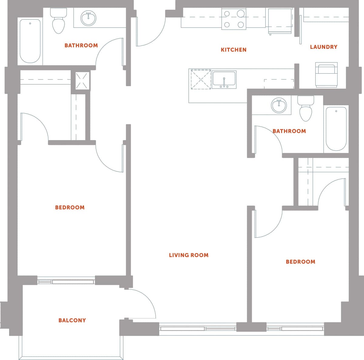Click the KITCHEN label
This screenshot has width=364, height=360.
coord(233,50)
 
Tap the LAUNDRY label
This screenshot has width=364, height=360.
coord(323,47)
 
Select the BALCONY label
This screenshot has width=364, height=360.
coord(72,320)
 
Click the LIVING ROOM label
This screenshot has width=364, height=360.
coord(188,255)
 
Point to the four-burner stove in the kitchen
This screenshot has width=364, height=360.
coord(234,19)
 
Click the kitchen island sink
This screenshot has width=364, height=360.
coord(224,79)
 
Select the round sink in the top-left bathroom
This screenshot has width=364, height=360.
coord(88,18)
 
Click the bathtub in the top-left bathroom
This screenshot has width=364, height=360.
coord(30,41)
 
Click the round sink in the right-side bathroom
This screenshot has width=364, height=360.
coord(279,106)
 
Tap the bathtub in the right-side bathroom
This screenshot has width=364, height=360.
coord(336,129)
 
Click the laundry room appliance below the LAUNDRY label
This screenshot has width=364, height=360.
coord(326,75)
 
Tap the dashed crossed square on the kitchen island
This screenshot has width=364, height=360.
coord(201,79)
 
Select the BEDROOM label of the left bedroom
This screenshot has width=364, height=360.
coord(69,207)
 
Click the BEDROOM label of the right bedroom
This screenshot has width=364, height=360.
coord(300,262)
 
